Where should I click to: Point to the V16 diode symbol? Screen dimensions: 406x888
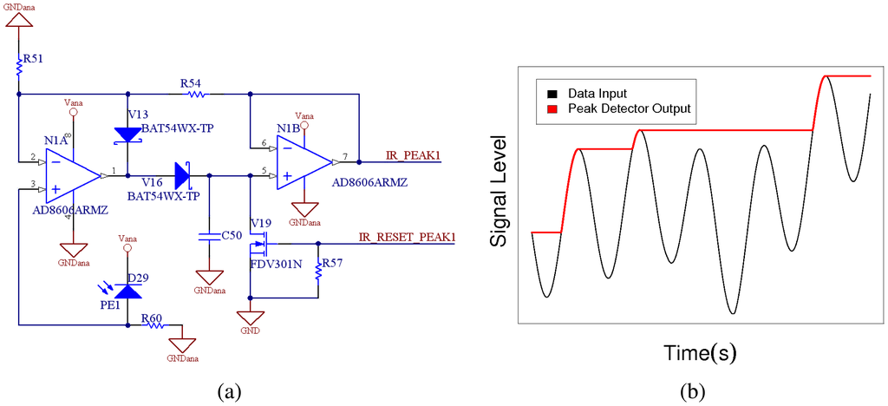[x=182, y=175]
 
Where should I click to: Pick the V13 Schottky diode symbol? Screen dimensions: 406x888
[x=127, y=134]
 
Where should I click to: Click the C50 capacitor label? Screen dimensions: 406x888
[x=230, y=234]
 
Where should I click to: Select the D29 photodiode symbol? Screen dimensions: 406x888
[x=128, y=291]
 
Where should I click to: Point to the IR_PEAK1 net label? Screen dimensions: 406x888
[x=414, y=156]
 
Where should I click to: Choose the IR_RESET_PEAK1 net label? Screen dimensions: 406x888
[x=407, y=236]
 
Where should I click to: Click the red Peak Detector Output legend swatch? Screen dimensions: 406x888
[x=552, y=108]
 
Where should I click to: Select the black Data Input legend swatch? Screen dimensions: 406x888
[x=552, y=92]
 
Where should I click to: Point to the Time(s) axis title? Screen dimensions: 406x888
[x=699, y=353]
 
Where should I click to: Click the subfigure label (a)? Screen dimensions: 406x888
[x=228, y=391]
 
